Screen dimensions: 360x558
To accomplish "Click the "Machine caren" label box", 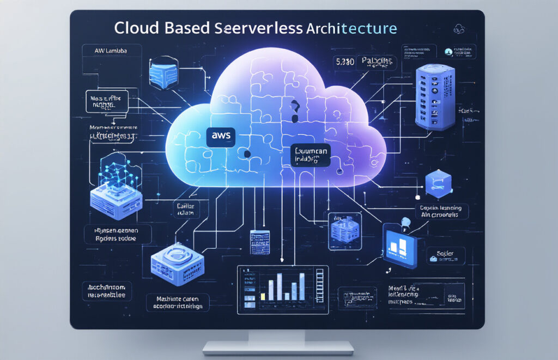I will pyautogui.click(x=178, y=303).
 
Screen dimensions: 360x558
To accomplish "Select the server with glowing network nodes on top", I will pyautogui.click(x=116, y=190).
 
